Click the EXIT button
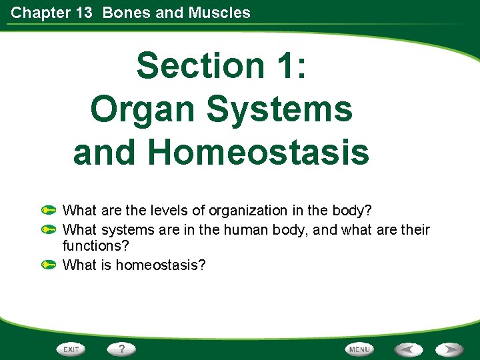[x=72, y=349]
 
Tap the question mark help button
[x=122, y=349]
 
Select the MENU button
[x=359, y=349]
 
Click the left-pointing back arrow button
[x=407, y=349]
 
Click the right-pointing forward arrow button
[x=451, y=349]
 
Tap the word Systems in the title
[x=279, y=108]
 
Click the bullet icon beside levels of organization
[x=47, y=211]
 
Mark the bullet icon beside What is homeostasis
[x=47, y=265]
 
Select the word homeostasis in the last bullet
[x=161, y=265]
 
